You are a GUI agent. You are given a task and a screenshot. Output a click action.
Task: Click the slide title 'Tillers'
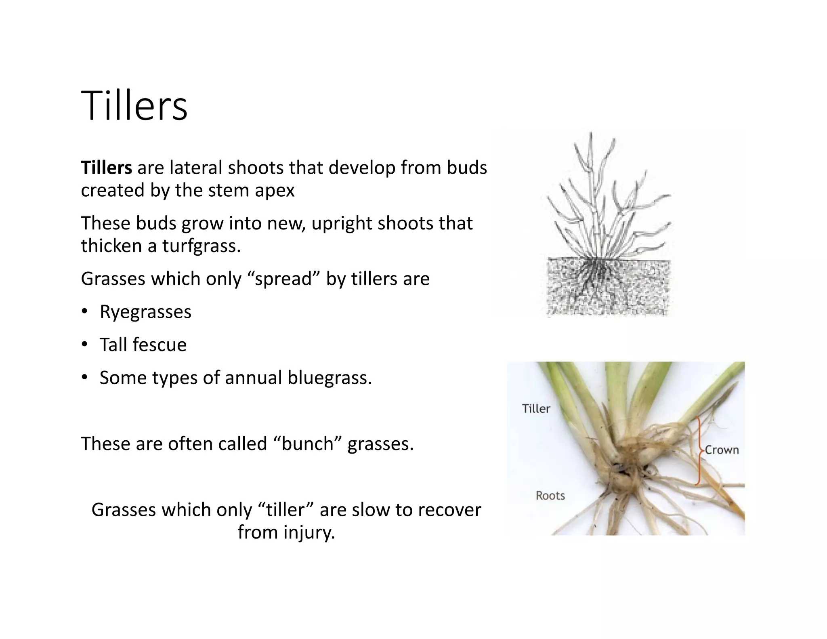(x=134, y=106)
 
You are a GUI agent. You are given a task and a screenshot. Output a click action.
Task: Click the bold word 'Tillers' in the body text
(x=106, y=168)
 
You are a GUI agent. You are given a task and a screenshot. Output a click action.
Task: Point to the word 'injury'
(x=307, y=532)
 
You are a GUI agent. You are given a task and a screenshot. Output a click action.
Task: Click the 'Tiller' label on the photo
(x=536, y=409)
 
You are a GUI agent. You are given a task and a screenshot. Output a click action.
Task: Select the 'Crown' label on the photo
(x=722, y=450)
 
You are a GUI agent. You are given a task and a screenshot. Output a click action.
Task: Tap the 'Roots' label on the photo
(x=550, y=496)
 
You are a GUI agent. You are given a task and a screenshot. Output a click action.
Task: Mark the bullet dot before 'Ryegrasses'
(x=84, y=311)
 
